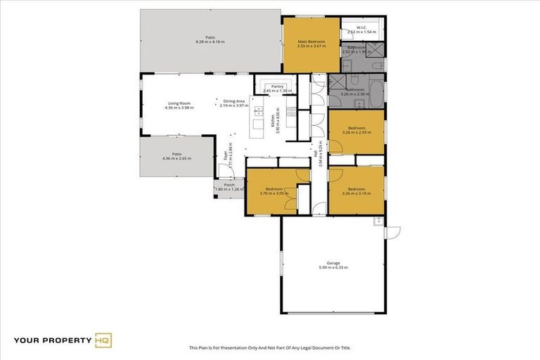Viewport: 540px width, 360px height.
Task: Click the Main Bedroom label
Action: [x=311, y=41]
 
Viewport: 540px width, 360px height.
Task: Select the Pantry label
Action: [x=277, y=86]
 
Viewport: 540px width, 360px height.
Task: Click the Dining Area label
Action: [x=234, y=101]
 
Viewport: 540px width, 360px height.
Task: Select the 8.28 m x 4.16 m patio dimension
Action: [x=210, y=42]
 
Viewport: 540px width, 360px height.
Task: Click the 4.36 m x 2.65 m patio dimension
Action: [x=176, y=158]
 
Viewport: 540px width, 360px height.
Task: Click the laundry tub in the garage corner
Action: [x=378, y=220]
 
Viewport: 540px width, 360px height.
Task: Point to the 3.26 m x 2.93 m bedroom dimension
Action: [x=356, y=132]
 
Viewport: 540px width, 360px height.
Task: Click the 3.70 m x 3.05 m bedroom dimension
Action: [x=272, y=193]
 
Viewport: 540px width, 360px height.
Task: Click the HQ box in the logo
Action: [x=103, y=341]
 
